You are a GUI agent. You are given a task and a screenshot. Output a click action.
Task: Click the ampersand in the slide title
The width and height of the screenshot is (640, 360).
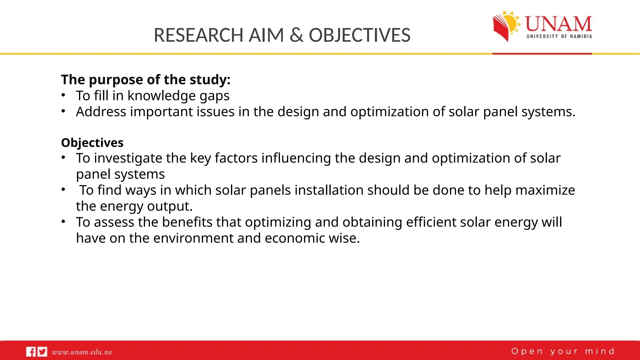296,35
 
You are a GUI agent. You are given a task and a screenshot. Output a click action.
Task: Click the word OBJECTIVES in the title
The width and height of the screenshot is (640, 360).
359,35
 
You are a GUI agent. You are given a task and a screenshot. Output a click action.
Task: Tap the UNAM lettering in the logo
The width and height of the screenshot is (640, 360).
558,24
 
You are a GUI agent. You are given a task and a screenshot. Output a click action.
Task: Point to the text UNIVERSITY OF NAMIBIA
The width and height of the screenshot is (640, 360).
559,37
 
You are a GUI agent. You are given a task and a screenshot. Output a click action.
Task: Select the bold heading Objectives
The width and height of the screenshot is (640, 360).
92,143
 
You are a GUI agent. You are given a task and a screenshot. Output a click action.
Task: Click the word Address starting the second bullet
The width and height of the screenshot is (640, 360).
101,112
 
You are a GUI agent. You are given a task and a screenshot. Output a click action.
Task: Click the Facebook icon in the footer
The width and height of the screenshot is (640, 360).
31,352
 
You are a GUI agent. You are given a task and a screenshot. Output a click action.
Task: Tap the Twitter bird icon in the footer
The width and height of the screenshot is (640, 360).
42,352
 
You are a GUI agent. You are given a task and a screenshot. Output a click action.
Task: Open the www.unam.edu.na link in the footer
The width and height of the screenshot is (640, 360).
82,352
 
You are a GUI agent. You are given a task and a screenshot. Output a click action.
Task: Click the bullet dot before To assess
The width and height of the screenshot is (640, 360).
63,222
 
